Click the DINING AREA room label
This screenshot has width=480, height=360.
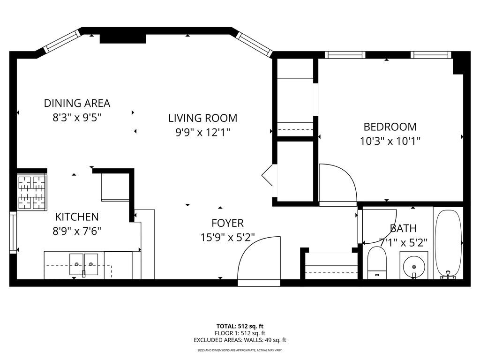point(77,103)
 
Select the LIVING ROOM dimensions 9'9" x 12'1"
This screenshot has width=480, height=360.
point(202,133)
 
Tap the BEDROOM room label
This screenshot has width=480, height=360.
point(390,127)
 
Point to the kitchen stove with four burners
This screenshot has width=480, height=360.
point(32,192)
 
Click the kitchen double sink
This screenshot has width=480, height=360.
point(84,265)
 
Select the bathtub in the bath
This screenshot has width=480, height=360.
point(448,244)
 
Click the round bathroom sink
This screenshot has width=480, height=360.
point(413,266)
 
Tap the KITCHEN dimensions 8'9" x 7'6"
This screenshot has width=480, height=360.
point(77,231)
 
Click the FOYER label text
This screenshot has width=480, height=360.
point(227,223)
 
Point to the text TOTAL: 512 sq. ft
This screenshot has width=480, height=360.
point(240,326)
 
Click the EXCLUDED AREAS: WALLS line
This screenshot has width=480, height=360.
point(240,340)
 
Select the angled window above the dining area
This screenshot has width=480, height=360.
point(62,41)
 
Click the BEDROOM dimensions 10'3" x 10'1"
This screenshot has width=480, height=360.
point(390,141)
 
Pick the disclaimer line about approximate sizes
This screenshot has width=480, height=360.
point(240,350)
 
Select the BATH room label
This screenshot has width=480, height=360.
point(403,228)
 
